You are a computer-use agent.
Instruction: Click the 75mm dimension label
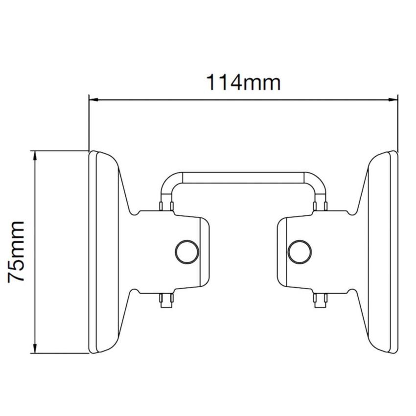(17, 251)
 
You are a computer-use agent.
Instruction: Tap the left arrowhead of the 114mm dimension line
(92, 99)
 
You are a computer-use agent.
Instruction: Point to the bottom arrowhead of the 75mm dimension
(35, 348)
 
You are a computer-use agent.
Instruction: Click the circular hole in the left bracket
(187, 252)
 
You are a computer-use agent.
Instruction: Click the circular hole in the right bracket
(300, 252)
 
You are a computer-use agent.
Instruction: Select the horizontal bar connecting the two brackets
(243, 178)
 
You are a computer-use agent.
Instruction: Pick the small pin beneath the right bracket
(321, 299)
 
